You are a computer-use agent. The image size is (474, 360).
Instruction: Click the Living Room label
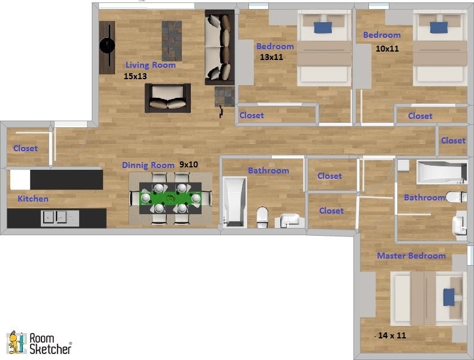[150, 65]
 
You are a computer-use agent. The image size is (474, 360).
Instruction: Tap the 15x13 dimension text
[135, 76]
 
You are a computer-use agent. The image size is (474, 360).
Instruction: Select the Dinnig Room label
[148, 165]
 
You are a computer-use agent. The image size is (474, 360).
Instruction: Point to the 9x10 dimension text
[188, 165]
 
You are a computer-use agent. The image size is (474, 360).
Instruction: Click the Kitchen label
[33, 199]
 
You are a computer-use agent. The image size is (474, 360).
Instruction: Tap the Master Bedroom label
[411, 256]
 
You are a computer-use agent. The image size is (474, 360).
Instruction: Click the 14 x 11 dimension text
[392, 335]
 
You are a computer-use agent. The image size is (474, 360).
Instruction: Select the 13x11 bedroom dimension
[271, 58]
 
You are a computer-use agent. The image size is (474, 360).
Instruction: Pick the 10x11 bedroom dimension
[387, 49]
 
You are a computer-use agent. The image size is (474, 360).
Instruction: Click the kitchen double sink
[60, 218]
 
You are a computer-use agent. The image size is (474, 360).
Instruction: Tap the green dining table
[171, 197]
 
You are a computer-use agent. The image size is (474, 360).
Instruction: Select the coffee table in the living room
[172, 40]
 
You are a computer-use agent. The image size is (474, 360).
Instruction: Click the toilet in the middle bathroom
[262, 217]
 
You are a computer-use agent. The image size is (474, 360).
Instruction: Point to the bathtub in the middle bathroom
[234, 202]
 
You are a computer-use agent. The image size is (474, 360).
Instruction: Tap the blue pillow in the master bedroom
[449, 297]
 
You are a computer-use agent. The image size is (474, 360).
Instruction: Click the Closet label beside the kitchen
[25, 148]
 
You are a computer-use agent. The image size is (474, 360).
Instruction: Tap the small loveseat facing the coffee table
[167, 98]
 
